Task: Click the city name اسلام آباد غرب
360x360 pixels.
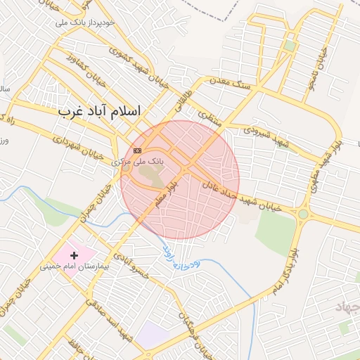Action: tap(99, 112)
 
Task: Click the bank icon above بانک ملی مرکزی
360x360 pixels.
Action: tap(137, 150)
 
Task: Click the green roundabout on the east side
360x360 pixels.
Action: tap(303, 214)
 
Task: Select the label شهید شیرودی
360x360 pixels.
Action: tap(266, 136)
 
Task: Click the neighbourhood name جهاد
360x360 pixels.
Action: tap(347, 309)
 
